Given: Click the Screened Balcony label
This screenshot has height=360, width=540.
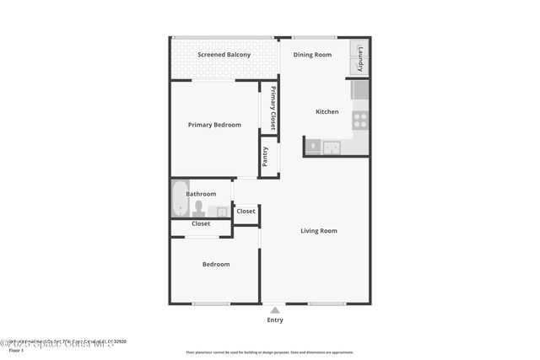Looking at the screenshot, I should pos(224,55).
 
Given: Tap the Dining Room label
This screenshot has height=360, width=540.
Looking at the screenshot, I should pos(312,55).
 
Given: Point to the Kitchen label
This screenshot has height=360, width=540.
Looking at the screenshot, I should pos(327,111).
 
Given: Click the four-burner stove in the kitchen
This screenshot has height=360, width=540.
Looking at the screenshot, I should pos(360,120).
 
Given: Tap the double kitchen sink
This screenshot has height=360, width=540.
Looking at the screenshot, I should pos(332,148).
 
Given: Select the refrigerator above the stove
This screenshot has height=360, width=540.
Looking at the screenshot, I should pos(360,89).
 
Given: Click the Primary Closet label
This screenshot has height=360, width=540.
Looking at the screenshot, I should pos(273,109).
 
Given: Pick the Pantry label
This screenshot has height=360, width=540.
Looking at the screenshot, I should pos(266,157).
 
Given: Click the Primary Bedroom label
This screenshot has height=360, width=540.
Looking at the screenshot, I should pos(214,125).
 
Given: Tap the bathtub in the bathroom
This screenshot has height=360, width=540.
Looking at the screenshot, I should pos(181,199).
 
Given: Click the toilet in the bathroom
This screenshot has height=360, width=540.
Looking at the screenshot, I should pos(199,207).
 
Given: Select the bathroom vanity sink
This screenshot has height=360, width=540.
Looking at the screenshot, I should pos(222,212).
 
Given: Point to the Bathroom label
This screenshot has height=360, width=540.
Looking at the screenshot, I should pos(201,194).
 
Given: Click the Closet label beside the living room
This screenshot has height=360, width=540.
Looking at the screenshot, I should pos(246,211).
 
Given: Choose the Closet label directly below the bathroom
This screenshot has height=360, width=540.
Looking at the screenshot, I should pos(201,224).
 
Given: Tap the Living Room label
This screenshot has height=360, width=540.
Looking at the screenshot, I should pos(319,230).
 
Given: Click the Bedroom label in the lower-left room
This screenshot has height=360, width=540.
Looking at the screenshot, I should pos(215,265).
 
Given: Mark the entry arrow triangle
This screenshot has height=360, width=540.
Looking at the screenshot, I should pos(275,310).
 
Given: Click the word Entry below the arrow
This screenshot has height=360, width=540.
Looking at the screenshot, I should pos(275,320).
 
